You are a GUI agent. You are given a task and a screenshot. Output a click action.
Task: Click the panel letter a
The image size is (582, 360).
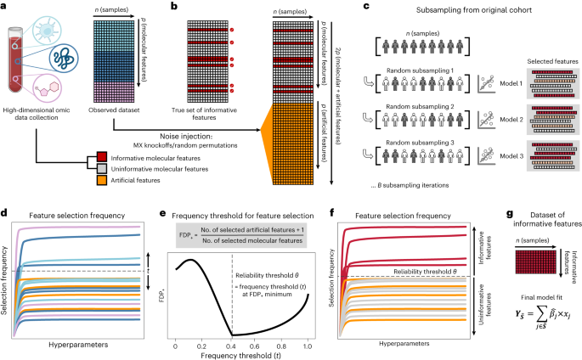(x=5, y=6)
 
